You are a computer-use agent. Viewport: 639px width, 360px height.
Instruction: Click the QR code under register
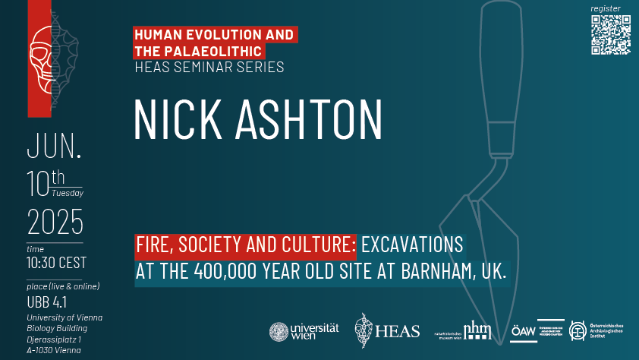(610, 34)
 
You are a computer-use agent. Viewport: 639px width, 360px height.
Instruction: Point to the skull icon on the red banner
(42, 58)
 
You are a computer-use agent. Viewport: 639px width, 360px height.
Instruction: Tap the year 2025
(55, 223)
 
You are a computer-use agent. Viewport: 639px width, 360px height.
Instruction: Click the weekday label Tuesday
(68, 193)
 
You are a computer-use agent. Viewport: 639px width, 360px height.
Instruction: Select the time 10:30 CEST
(56, 264)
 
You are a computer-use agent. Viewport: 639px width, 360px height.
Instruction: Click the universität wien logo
(304, 331)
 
